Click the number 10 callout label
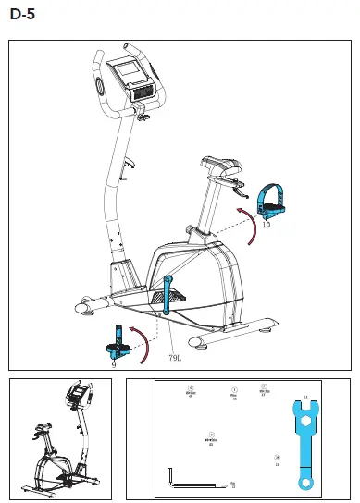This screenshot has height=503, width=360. [266, 224]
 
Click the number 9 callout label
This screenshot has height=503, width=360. [114, 364]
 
